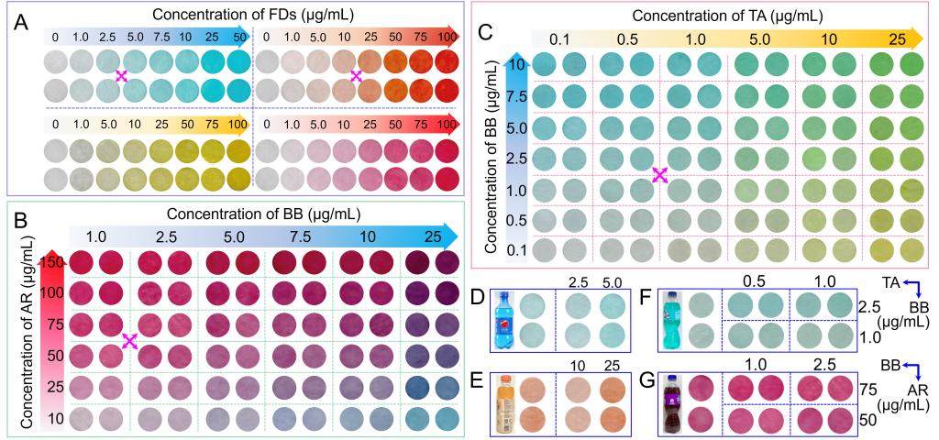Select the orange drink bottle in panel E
[x=504, y=404]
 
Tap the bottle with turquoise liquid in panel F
[x=674, y=320]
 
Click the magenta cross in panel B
[x=129, y=341]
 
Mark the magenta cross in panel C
[x=659, y=175]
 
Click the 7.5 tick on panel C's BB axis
[x=515, y=95]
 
